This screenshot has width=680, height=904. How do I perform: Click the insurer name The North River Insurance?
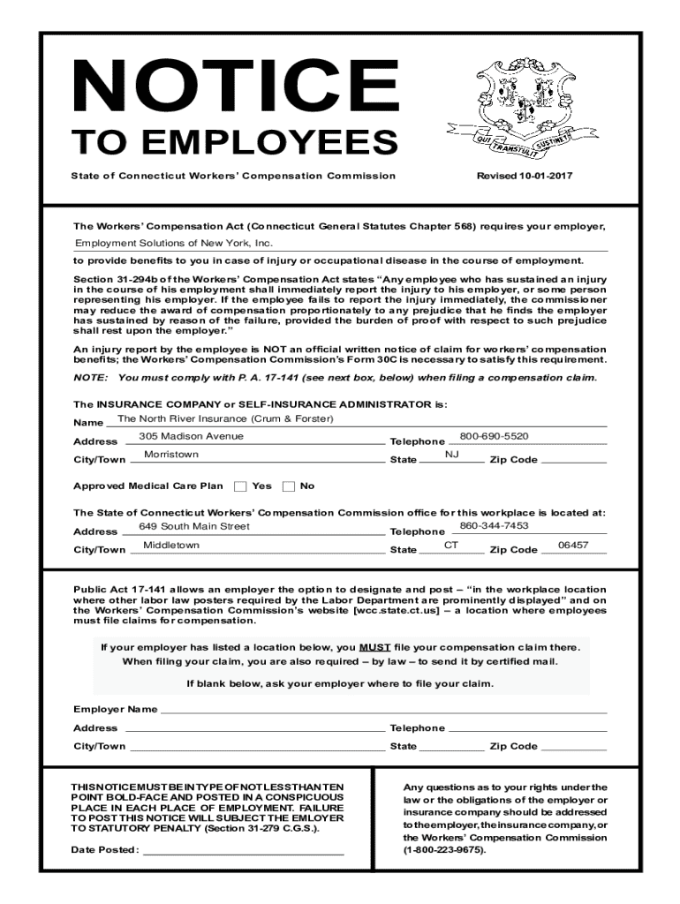click(x=224, y=418)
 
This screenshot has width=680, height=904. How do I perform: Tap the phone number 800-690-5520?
click(x=494, y=436)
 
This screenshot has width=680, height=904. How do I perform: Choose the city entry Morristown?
click(x=170, y=455)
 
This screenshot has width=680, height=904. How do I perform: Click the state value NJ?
click(x=451, y=455)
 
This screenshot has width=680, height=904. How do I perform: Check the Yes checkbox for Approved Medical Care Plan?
click(x=241, y=486)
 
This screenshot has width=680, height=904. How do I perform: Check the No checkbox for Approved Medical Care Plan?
click(x=289, y=486)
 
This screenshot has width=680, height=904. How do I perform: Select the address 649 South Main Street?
click(x=193, y=526)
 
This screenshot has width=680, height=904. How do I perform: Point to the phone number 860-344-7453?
click(x=494, y=526)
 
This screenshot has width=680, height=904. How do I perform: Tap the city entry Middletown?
click(x=170, y=546)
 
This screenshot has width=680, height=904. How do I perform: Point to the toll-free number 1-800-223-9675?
click(x=445, y=850)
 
